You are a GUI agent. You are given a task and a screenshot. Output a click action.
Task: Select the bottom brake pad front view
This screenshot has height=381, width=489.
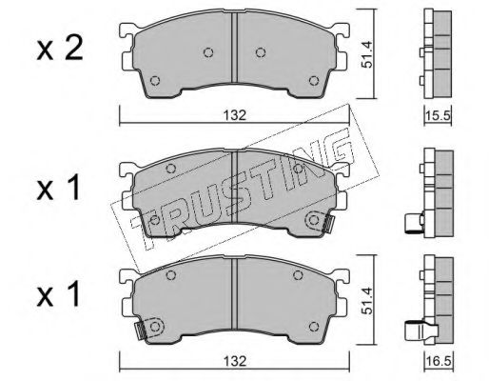[x=233, y=302]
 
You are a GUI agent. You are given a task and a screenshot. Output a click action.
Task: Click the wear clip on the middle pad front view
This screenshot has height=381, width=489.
[x=326, y=223]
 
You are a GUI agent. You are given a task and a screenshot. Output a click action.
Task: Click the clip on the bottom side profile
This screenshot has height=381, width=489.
[x=413, y=333]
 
